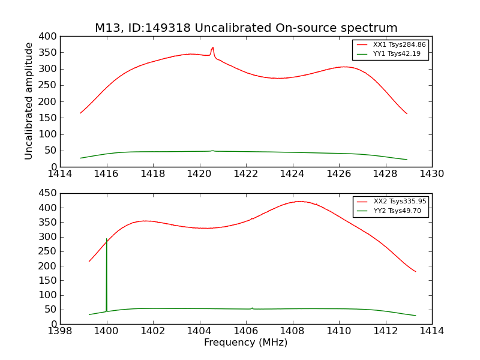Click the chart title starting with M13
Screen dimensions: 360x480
(246, 28)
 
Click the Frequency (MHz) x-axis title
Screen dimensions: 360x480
(246, 343)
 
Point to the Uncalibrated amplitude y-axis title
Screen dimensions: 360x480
(29, 101)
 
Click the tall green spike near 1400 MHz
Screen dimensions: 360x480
(107, 240)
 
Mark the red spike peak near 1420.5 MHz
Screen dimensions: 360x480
(212, 47)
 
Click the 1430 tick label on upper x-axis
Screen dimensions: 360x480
(432, 174)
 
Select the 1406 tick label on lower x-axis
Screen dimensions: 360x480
(246, 331)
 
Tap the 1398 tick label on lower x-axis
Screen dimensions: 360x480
(60, 331)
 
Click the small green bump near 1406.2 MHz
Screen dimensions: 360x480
(252, 308)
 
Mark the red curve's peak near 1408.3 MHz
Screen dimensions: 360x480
(299, 202)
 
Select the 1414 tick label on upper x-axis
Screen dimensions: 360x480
(60, 174)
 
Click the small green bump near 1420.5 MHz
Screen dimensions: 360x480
(212, 151)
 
